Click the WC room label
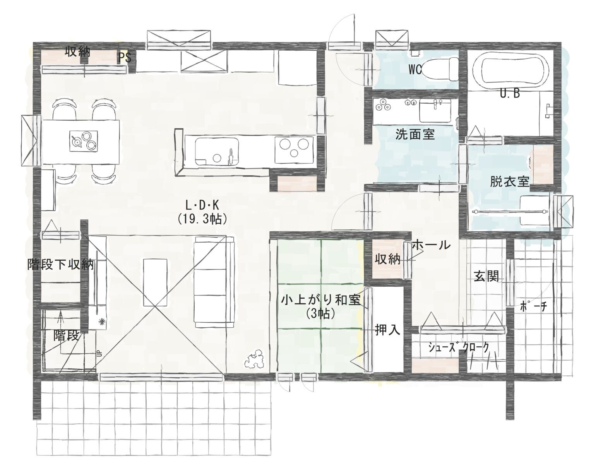[x=415, y=70]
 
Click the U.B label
[x=510, y=94]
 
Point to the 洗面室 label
[x=415, y=135]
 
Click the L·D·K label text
[x=202, y=205]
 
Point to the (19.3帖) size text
[x=202, y=219]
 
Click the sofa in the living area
[x=214, y=282]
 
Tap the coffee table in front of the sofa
[x=156, y=282]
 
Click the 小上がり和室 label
[x=320, y=300]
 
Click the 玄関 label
[x=486, y=276]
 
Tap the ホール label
[x=431, y=245]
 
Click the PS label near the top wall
[x=125, y=58]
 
